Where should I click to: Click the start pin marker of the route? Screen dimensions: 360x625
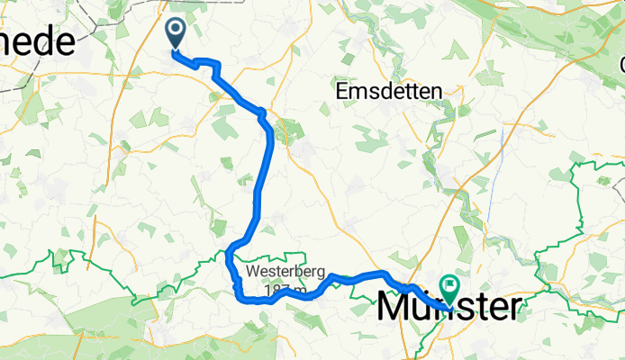coord(174,34)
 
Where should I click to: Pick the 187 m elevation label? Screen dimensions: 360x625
coord(276,290)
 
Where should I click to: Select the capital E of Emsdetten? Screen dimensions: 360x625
coord(341,91)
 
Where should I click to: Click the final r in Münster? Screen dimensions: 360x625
coord(512,309)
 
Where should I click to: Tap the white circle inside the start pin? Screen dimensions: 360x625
coord(174,31)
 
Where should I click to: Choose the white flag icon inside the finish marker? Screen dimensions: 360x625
coord(448,285)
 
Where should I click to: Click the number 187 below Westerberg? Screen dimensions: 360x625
coord(268,290)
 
